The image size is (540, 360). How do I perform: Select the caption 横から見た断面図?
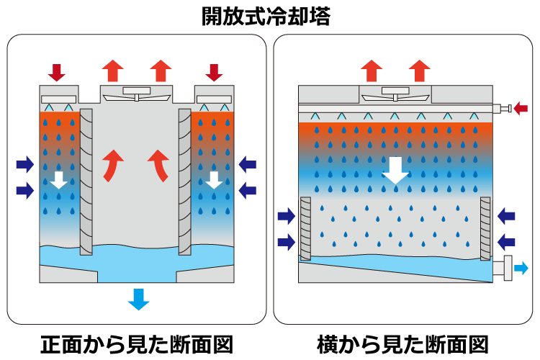coord(402,343)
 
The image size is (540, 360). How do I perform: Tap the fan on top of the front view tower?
coord(135,93)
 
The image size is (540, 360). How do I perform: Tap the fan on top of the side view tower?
coord(394,94)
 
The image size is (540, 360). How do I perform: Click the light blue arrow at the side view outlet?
coord(521,269)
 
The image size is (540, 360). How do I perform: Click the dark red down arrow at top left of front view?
coord(57,72)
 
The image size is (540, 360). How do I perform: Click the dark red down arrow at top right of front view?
coord(214,72)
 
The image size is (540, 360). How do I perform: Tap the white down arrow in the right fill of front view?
coord(213,180)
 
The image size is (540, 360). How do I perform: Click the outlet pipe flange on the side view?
coord(507,269)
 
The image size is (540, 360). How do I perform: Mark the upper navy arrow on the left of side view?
coord(287,215)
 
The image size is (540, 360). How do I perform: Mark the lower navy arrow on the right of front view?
coord(248,190)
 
